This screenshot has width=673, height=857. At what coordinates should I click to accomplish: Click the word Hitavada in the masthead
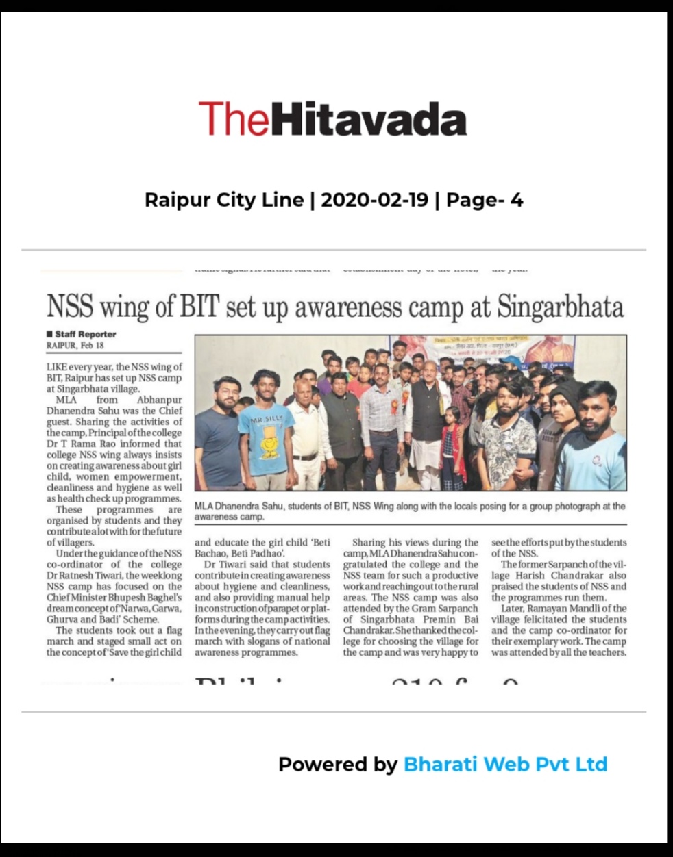(369, 119)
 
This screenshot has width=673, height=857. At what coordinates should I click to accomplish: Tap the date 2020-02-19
(374, 200)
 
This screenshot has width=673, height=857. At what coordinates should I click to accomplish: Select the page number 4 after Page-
(516, 200)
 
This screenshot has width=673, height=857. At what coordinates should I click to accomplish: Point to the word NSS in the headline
(71, 306)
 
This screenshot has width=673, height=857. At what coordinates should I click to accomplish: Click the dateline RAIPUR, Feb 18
(75, 346)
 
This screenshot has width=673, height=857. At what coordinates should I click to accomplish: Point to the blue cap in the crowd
(509, 359)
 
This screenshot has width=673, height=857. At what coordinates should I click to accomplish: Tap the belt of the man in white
(304, 457)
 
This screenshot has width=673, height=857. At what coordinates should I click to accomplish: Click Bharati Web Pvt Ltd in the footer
(505, 764)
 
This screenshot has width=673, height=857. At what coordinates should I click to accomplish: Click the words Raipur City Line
(224, 200)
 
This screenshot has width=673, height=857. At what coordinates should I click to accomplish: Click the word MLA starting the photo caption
(205, 507)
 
